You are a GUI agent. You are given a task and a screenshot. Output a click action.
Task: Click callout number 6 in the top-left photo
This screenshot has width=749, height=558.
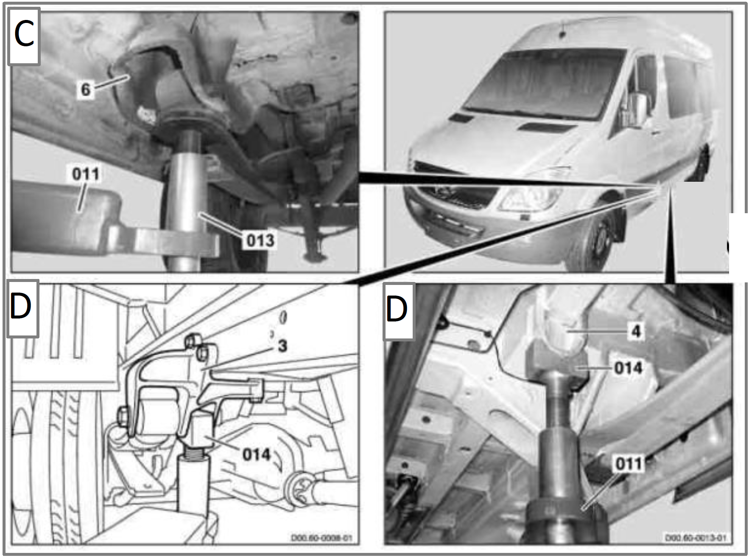click(x=86, y=89)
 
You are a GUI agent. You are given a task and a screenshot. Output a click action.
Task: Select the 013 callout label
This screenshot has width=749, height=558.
click(x=260, y=240)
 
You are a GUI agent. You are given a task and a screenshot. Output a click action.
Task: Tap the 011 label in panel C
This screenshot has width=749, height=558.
click(x=86, y=174)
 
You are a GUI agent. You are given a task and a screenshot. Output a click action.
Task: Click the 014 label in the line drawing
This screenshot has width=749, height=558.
click(x=256, y=455)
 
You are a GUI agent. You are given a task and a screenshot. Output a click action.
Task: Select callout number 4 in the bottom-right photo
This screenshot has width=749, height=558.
click(x=636, y=331)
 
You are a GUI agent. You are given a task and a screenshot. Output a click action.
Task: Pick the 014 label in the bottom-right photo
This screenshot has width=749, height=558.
click(x=628, y=368)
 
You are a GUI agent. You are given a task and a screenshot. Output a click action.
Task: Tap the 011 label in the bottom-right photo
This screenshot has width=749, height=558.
click(x=628, y=463)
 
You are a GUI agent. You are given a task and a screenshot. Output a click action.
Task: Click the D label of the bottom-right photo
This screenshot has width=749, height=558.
click(x=398, y=310)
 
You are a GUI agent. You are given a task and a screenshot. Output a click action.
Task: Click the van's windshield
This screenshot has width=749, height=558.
click(x=543, y=83)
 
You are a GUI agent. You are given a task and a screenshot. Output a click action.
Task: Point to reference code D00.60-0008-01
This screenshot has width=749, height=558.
click(x=321, y=538)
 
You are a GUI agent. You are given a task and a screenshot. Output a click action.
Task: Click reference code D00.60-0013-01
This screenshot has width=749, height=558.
click(x=695, y=538)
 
